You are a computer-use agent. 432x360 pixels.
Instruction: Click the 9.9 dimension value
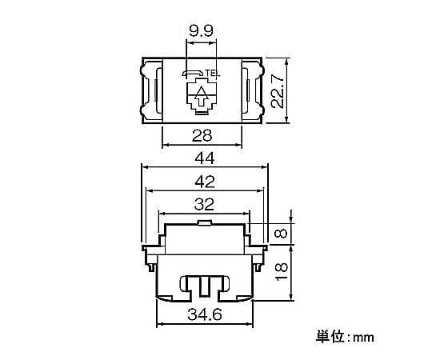click(x=201, y=31)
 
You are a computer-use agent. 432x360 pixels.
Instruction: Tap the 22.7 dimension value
click(x=278, y=90)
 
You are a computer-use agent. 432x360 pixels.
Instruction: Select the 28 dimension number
click(x=202, y=135)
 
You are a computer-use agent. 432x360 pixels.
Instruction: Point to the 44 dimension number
click(x=205, y=159)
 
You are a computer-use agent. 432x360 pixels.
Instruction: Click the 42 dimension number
click(x=205, y=182)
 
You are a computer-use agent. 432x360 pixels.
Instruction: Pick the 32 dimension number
click(x=204, y=205)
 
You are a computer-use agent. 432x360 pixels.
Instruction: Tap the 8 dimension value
click(x=282, y=234)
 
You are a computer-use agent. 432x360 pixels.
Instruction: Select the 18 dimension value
click(x=282, y=272)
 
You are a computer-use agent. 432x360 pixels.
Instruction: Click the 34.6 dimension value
click(x=205, y=314)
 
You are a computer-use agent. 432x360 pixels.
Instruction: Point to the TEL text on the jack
click(x=212, y=74)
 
